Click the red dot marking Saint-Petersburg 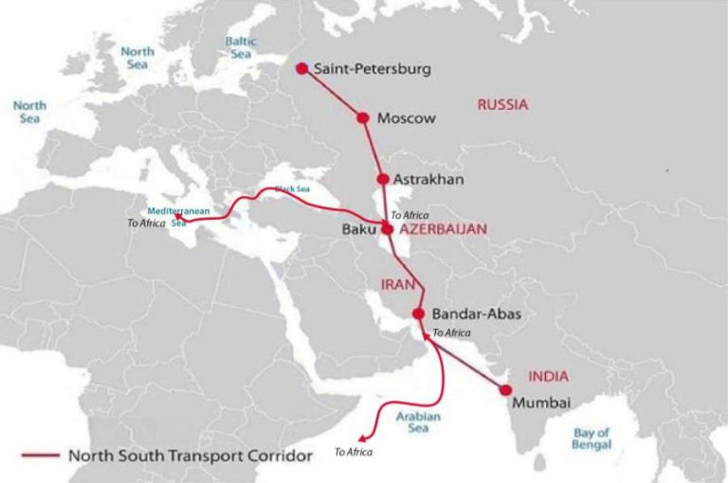[x=301, y=68]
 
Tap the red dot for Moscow [x=362, y=117]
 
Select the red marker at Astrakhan [x=382, y=179]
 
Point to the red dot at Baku [x=387, y=228]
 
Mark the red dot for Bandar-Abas [x=418, y=313]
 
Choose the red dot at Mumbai [x=506, y=389]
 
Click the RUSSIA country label [x=501, y=105]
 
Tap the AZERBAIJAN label [x=443, y=229]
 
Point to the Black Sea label [x=293, y=189]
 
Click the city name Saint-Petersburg [x=373, y=69]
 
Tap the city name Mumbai [x=541, y=402]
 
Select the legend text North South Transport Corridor [x=190, y=456]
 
